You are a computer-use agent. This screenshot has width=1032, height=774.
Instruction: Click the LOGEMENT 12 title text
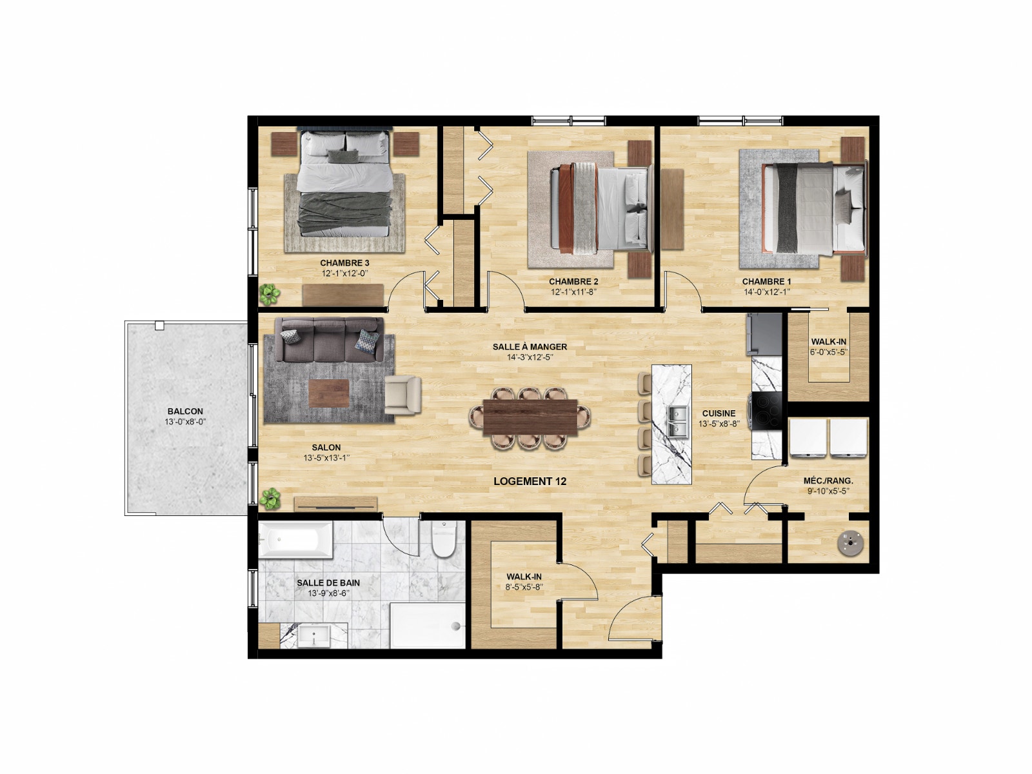click(530, 481)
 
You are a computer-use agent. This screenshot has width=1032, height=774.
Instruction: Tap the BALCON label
click(185, 412)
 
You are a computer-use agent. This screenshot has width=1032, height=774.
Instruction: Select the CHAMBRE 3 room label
click(344, 263)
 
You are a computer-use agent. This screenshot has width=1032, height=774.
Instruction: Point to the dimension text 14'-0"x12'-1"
click(766, 292)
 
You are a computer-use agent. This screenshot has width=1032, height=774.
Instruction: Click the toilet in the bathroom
click(444, 539)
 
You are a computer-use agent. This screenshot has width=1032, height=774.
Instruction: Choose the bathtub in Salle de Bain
click(295, 539)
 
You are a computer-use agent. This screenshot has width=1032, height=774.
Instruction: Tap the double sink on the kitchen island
click(678, 422)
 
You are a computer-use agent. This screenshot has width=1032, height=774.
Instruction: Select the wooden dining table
click(530, 417)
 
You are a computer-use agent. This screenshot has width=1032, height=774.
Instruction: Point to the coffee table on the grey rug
click(329, 393)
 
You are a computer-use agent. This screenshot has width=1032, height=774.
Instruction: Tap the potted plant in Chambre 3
click(270, 294)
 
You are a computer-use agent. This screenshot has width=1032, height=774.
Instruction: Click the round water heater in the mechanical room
click(851, 543)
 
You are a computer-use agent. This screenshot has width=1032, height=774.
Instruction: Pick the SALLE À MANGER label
click(530, 347)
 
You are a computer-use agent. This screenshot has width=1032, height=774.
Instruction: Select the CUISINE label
click(719, 413)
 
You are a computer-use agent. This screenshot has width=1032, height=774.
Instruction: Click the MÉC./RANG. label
click(828, 481)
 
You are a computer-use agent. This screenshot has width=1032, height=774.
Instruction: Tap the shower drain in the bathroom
click(455, 626)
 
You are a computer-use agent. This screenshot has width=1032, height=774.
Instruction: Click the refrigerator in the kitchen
click(764, 334)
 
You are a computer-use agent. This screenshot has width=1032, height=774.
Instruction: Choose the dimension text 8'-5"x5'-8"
click(524, 587)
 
